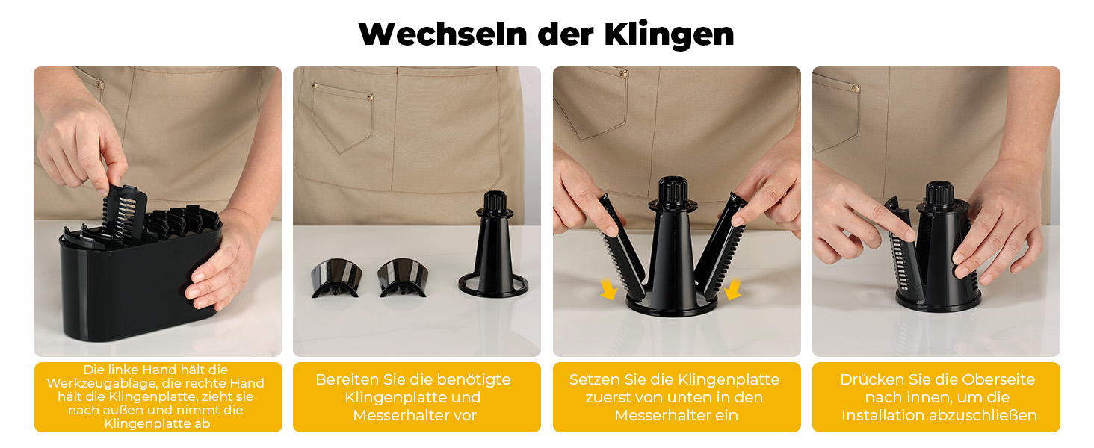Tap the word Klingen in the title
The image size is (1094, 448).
pyautogui.click(x=669, y=35)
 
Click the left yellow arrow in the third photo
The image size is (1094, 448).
pyautogui.click(x=608, y=289)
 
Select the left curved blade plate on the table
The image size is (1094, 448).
pyautogui.click(x=336, y=277)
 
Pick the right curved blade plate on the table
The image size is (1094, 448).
pyautogui.click(x=403, y=277)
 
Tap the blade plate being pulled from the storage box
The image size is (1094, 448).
pyautogui.click(x=125, y=212)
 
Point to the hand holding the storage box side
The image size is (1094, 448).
pyautogui.click(x=222, y=264)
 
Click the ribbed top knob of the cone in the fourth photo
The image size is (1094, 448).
pyautogui.click(x=939, y=193)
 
